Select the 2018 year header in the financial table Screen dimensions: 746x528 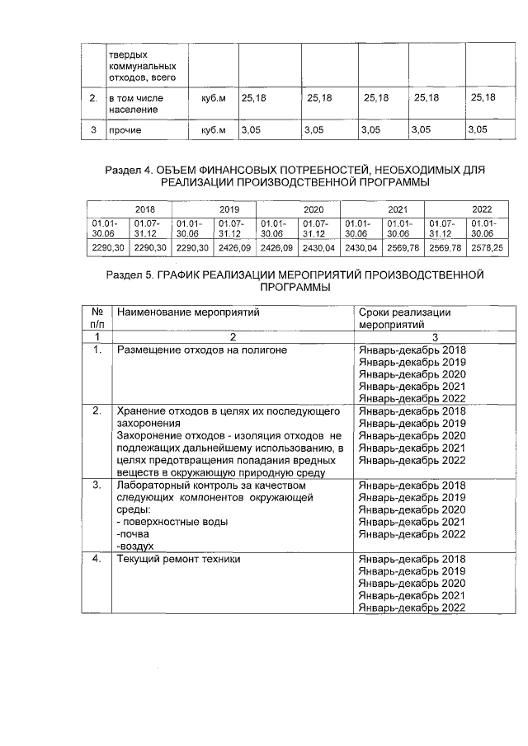pyautogui.click(x=145, y=209)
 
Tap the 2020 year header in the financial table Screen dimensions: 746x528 pyautogui.click(x=313, y=209)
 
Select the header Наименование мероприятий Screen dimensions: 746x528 pyautogui.click(x=188, y=313)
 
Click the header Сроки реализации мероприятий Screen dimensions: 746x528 pyautogui.click(x=404, y=319)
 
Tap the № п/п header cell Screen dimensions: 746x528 pyautogui.click(x=97, y=319)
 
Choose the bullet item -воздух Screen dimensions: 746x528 pyautogui.click(x=136, y=546)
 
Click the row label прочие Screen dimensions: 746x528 pyautogui.click(x=125, y=130)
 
